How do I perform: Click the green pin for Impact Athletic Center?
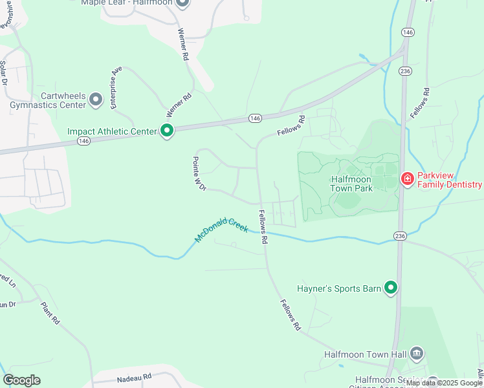(167, 131)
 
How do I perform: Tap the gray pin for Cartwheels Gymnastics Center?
(96, 100)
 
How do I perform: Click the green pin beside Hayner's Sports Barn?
(391, 288)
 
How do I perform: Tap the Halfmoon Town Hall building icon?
(417, 354)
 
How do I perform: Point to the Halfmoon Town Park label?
(351, 183)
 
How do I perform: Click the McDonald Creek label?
(222, 229)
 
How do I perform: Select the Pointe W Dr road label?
(199, 173)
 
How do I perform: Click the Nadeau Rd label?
(134, 376)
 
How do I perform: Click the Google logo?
(21, 380)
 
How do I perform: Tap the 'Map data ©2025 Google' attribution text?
(444, 383)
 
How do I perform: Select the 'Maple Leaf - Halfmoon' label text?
(127, 3)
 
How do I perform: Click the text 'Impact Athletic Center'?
(112, 131)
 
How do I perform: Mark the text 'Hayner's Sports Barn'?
(338, 288)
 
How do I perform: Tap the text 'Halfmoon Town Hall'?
(365, 354)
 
